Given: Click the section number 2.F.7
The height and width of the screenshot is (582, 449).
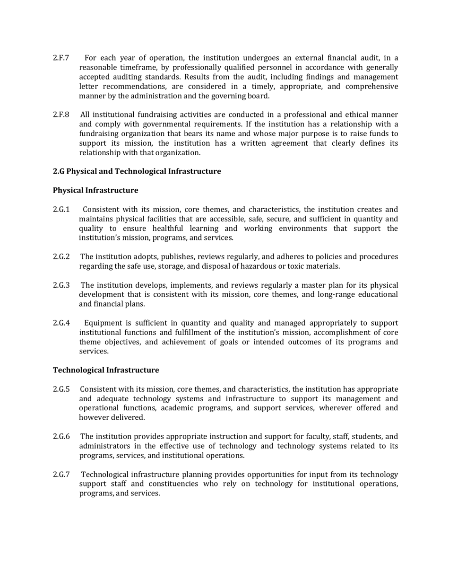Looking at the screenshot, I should (x=61, y=58).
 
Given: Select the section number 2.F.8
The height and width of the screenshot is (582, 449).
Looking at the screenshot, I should (x=61, y=115).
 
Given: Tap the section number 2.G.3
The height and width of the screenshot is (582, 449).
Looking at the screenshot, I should (x=61, y=285).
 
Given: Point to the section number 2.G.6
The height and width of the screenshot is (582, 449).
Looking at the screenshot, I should (x=61, y=437).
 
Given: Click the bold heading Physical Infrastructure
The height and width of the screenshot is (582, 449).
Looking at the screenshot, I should (x=95, y=190).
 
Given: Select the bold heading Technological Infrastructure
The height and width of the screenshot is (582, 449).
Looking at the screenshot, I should (x=106, y=370).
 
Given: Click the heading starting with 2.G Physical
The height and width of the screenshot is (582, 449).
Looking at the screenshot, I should (x=137, y=171).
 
